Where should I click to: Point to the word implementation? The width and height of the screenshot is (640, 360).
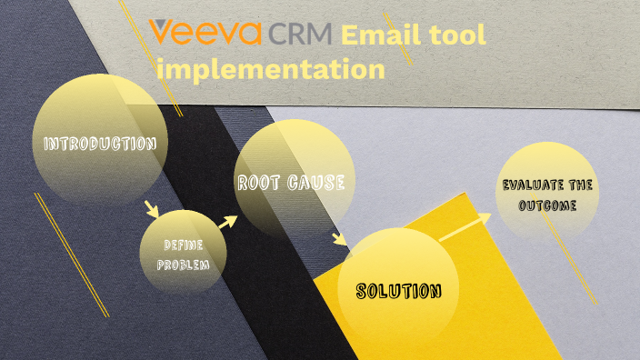point(270,68)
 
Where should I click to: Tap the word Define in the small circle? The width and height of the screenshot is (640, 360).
point(182,245)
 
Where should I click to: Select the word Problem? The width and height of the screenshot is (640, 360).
point(183,265)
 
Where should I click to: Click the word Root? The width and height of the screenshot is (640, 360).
point(259,183)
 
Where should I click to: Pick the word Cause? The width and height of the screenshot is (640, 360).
point(317,183)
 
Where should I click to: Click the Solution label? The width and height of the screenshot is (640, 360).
point(398,292)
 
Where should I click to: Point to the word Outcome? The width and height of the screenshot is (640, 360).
point(548,205)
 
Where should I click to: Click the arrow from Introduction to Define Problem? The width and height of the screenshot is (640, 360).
point(152,210)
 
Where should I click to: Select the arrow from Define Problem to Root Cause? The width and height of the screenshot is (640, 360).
point(227,222)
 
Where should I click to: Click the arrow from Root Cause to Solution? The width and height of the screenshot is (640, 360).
point(339,240)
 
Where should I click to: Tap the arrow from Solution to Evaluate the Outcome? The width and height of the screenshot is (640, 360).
point(465,226)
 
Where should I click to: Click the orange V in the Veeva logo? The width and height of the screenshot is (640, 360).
point(164,34)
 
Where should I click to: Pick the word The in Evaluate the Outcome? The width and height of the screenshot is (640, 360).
point(583,185)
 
